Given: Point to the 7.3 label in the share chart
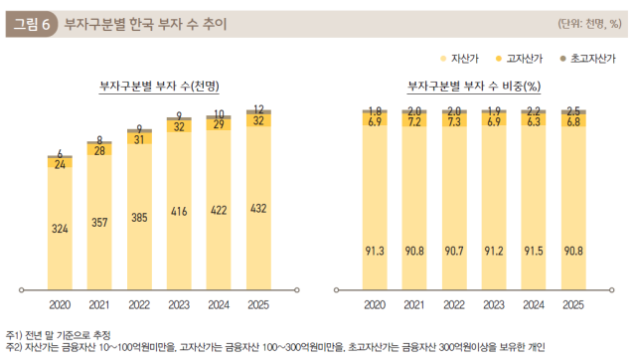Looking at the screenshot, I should click(x=454, y=121).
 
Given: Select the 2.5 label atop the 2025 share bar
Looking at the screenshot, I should click(x=572, y=110).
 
